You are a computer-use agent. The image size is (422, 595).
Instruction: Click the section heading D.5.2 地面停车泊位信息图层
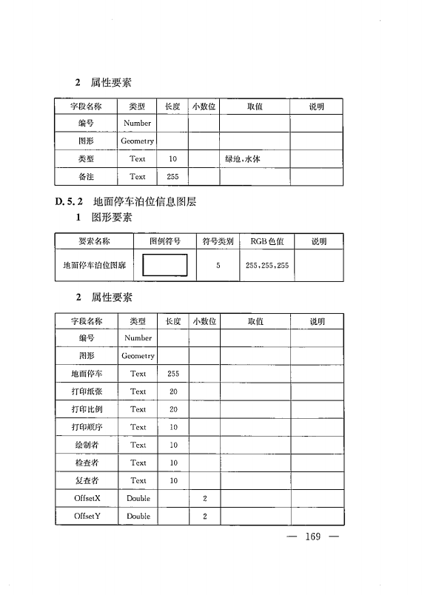click(124, 201)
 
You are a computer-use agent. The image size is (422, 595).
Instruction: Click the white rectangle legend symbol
click(165, 263)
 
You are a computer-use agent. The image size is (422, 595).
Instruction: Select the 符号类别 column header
click(218, 241)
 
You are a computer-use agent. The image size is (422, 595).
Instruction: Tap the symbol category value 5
click(218, 264)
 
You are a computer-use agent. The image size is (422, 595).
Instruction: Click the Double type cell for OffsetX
click(138, 499)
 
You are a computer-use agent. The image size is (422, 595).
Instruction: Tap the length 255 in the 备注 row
click(173, 177)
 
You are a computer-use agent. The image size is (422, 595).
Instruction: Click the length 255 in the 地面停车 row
click(173, 374)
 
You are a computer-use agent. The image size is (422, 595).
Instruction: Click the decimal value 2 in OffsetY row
click(204, 516)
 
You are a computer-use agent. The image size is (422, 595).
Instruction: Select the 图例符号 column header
click(165, 241)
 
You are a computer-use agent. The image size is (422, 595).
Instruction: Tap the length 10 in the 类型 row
click(173, 158)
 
